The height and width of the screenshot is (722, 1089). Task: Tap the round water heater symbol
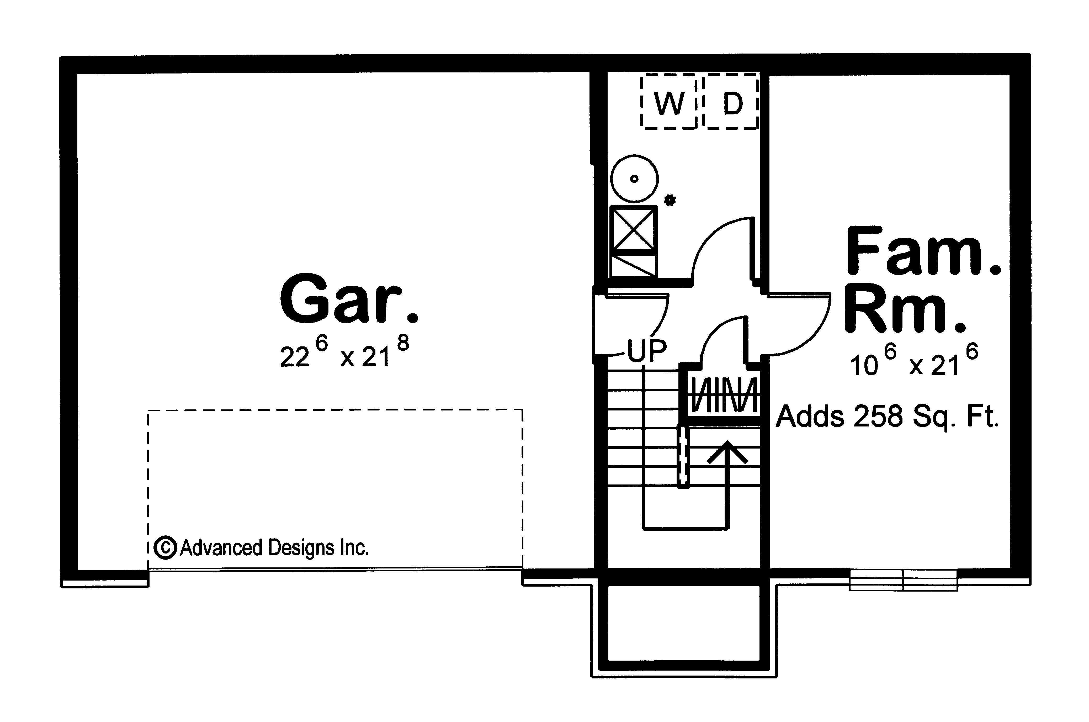click(x=634, y=179)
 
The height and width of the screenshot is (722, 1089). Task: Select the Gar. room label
click(x=349, y=299)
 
